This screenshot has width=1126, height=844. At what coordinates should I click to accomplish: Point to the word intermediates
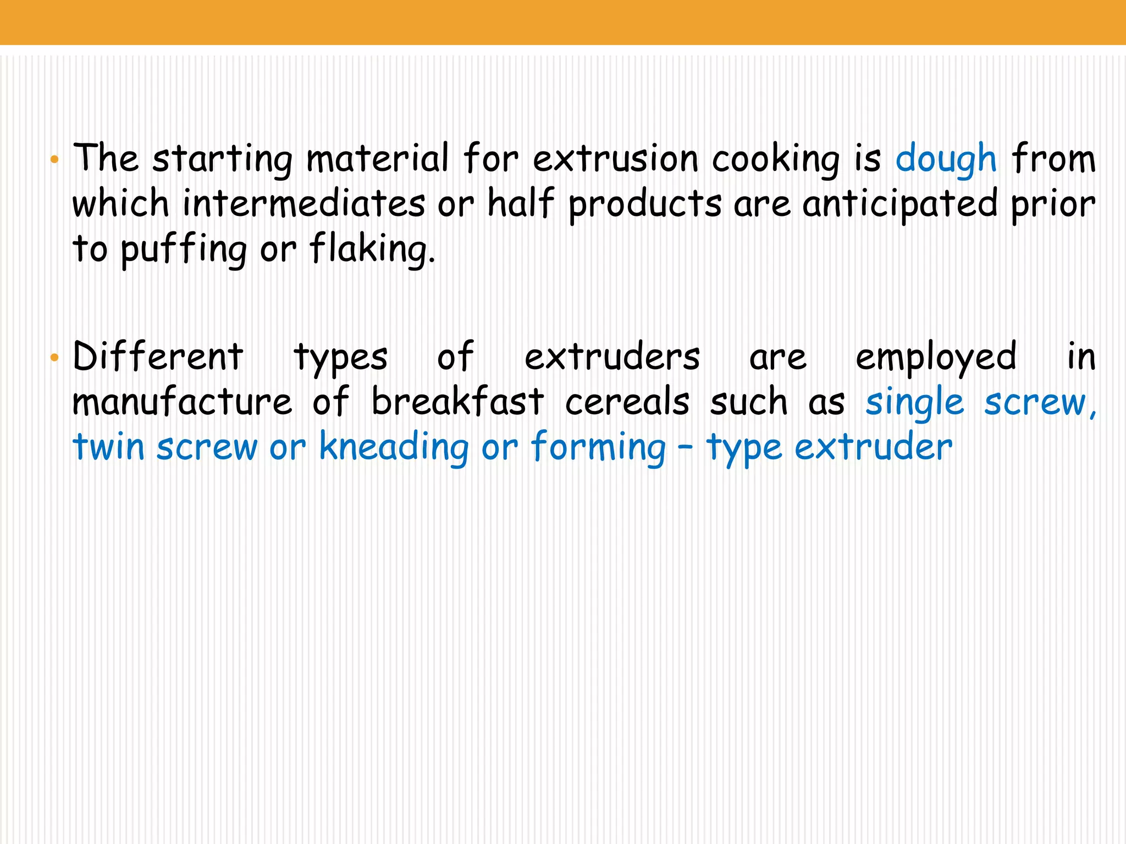coord(303,203)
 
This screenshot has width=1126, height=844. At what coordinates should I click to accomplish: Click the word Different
coord(158,357)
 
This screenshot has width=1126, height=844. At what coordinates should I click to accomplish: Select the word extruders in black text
coord(612,357)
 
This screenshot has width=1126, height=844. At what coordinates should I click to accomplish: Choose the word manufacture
coord(182,402)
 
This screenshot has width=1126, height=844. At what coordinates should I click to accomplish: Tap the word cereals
coord(627,402)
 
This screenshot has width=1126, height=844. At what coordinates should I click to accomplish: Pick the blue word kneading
coord(394,447)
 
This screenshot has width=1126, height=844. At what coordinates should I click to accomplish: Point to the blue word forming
coord(598,447)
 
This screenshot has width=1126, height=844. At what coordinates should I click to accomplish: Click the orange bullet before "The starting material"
coord(54,160)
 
